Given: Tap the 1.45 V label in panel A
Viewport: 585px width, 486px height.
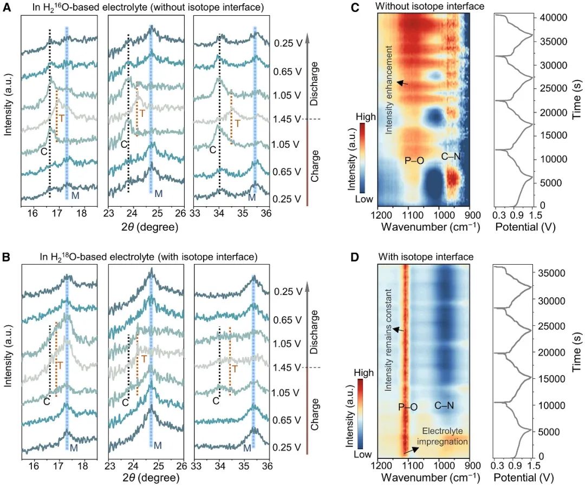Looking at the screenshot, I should [x=287, y=119].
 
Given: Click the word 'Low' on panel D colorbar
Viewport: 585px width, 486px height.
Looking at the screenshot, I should [x=363, y=455].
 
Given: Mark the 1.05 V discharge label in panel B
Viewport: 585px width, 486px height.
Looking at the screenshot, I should [x=287, y=343].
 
